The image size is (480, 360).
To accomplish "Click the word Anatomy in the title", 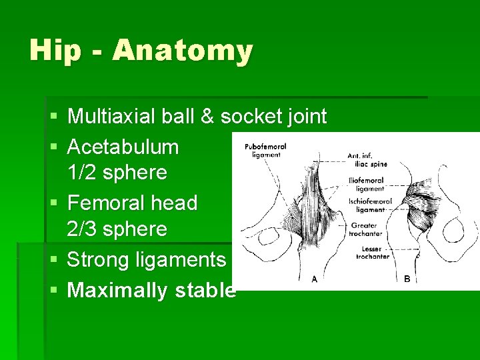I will (183, 51).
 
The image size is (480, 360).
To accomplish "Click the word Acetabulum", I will (123, 146).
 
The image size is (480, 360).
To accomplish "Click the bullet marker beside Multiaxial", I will (53, 117).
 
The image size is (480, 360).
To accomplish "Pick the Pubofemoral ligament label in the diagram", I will (265, 150).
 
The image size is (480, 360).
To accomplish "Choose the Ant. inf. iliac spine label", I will (367, 160).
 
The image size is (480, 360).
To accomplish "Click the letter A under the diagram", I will (314, 280).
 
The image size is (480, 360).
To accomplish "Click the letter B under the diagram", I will (407, 279).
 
